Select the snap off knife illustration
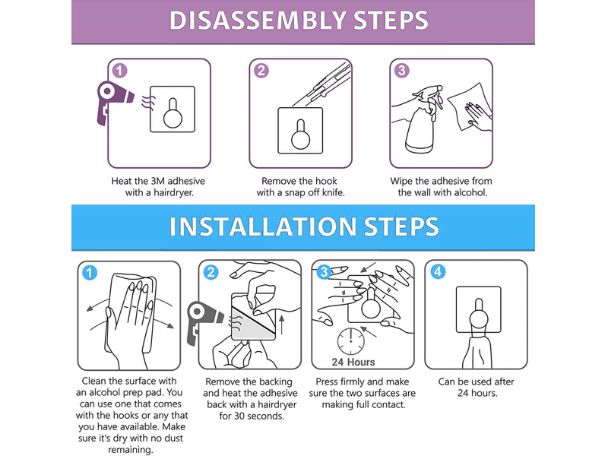click(321, 84)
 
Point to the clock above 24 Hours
click(351, 341)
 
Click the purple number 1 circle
click(119, 71)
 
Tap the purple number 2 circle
click(261, 71)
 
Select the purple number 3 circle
click(402, 71)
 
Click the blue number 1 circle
click(90, 273)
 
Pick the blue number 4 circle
click(438, 272)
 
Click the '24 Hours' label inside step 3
click(353, 363)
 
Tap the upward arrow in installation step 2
click(282, 325)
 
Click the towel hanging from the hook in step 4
click(478, 351)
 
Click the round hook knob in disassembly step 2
click(300, 140)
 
